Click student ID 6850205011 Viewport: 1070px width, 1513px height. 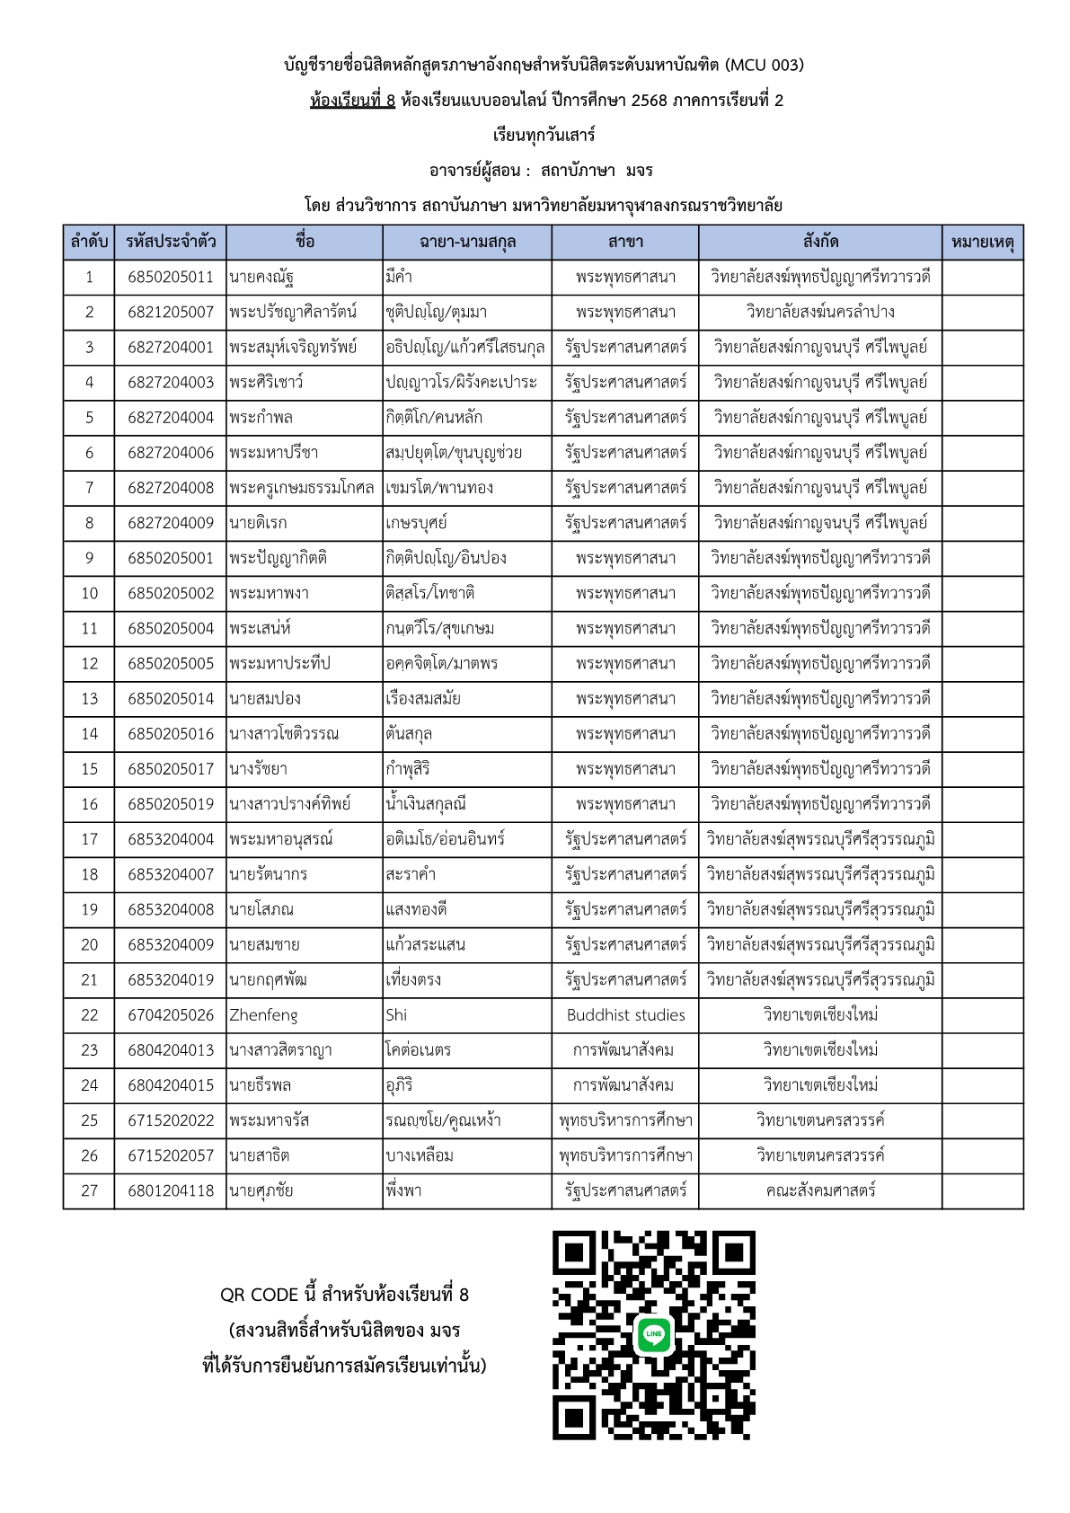pyautogui.click(x=171, y=277)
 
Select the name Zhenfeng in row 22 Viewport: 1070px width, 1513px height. pyautogui.click(x=263, y=1015)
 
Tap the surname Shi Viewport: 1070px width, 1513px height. pyautogui.click(x=396, y=1015)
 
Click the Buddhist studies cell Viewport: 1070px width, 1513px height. pyautogui.click(x=625, y=1015)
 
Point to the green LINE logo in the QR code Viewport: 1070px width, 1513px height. pyautogui.click(x=654, y=1334)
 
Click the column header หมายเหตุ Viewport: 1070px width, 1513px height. pyautogui.click(x=982, y=242)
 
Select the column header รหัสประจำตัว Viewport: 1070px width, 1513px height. pyautogui.click(x=171, y=242)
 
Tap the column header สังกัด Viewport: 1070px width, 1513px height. pyautogui.click(x=820, y=242)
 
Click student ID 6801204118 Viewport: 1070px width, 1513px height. pyautogui.click(x=171, y=1190)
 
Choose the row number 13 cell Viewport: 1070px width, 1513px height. pyautogui.click(x=89, y=699)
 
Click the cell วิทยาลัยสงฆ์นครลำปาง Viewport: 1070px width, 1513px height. pyautogui.click(x=820, y=312)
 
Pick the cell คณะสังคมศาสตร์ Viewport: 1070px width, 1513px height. pyautogui.click(x=820, y=1190)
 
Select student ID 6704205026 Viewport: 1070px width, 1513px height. pyautogui.click(x=171, y=1015)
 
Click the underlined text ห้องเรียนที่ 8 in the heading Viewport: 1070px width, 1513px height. pyautogui.click(x=352, y=101)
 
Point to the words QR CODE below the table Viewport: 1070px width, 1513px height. pyautogui.click(x=259, y=1295)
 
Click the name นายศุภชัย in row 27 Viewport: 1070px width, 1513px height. pyautogui.click(x=261, y=1190)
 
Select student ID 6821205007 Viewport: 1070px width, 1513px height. pyautogui.click(x=171, y=312)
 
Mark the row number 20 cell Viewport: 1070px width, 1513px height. pyautogui.click(x=89, y=944)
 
